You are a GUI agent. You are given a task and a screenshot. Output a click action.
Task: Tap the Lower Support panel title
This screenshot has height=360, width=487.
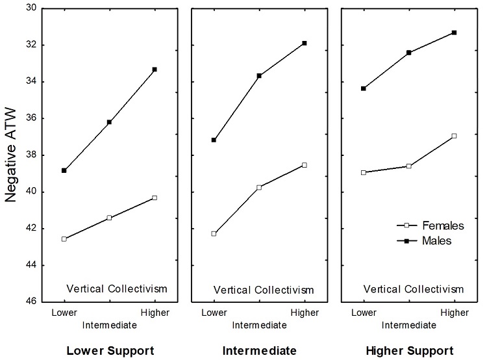pos(110,351)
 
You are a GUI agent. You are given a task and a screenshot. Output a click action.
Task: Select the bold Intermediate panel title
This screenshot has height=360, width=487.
pos(259,351)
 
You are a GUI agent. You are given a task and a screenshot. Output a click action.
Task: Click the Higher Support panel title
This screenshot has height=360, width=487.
pos(410,351)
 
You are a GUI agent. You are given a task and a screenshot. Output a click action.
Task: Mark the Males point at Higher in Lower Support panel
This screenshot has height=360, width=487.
pos(155,69)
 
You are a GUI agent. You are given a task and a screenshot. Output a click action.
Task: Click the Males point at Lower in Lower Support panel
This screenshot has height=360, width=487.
pos(64,170)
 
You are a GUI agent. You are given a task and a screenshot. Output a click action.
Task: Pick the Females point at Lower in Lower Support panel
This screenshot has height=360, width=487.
pos(64,239)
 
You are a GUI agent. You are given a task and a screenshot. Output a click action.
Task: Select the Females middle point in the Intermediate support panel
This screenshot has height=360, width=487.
pos(259,187)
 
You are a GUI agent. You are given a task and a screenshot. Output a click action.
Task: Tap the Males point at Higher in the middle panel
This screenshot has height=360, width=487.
pos(305,43)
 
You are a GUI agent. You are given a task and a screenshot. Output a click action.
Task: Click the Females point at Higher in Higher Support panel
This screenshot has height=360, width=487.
pos(454,136)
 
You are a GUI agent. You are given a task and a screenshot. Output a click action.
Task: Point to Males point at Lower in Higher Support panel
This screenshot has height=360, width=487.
pos(363,88)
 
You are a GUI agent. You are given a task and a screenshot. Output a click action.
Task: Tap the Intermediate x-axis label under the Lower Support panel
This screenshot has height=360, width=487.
pos(109,324)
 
